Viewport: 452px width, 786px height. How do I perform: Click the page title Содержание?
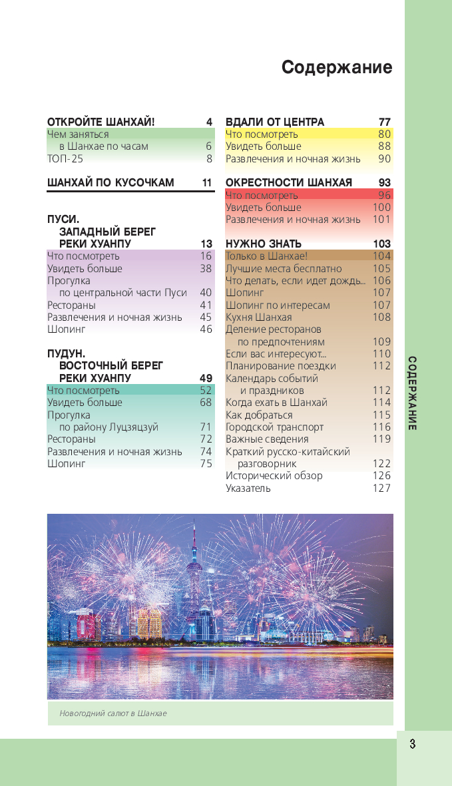tap(336, 67)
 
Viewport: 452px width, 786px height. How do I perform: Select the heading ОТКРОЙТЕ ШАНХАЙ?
tap(101, 122)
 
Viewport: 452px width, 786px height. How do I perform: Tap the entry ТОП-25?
tap(65, 158)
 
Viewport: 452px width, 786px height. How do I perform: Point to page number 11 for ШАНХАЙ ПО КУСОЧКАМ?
tap(206, 182)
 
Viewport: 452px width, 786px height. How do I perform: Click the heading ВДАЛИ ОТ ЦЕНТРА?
tap(275, 122)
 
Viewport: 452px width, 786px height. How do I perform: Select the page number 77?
tap(384, 122)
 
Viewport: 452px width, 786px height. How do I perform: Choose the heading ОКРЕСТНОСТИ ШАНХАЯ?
tap(289, 182)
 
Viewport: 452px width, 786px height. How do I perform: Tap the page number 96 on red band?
tap(384, 195)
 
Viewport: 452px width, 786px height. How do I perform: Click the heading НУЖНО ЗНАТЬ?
tap(264, 244)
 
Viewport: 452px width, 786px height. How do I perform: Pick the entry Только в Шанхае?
tap(266, 256)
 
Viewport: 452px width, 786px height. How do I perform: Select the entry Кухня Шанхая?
tap(258, 317)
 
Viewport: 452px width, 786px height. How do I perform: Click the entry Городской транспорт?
tap(274, 427)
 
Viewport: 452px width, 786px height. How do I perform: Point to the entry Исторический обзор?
tap(274, 475)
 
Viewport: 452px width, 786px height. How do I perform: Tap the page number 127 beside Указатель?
tap(381, 488)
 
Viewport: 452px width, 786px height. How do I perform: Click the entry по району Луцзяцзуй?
tap(109, 427)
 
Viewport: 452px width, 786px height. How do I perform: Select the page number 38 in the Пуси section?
tap(206, 268)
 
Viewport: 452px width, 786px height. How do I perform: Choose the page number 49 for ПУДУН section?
tap(206, 378)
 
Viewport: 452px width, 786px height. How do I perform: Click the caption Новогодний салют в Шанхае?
tap(113, 713)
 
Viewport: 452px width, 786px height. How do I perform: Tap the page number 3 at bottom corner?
tap(413, 744)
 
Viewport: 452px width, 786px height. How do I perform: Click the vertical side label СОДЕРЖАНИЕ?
tap(413, 393)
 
